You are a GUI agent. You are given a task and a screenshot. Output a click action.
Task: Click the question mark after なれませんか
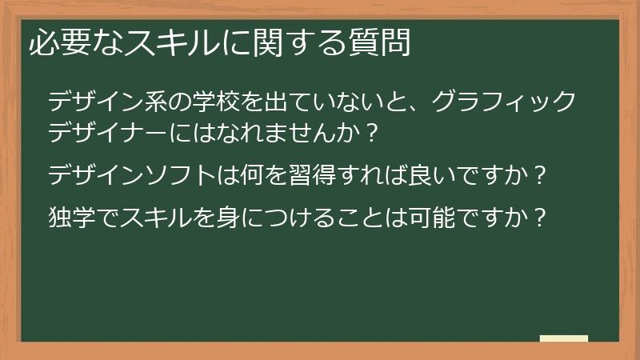coord(370,130)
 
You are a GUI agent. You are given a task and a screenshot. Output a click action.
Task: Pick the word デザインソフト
coord(127,174)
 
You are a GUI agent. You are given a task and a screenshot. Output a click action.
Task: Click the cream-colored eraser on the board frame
coord(563,338)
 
